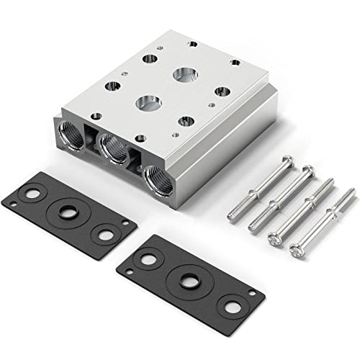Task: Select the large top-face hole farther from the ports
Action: click(184, 73)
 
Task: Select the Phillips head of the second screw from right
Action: click(276, 237)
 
